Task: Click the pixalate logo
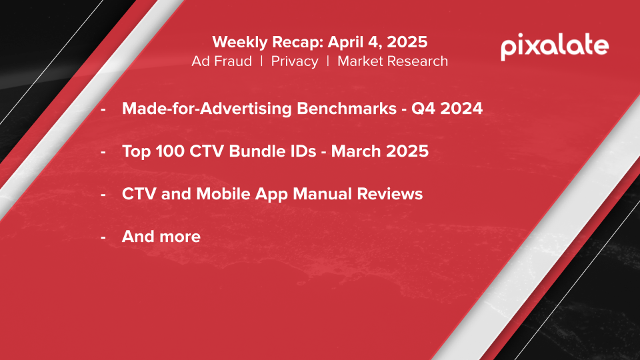point(555,47)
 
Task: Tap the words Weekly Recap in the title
point(268,43)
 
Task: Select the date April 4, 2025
point(377,43)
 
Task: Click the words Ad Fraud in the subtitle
point(221,61)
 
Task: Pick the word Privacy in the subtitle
point(295,61)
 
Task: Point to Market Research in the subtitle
point(393,61)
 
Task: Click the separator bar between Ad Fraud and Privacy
point(261,61)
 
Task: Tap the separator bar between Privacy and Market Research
point(328,61)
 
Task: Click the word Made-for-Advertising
point(207,109)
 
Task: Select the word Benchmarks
point(347,109)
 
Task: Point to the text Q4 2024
point(447,109)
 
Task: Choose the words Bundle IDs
point(272,151)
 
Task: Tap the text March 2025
point(380,151)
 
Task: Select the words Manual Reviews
point(358,194)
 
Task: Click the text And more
point(161,237)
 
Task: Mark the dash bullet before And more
point(103,237)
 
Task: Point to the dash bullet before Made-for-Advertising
point(103,109)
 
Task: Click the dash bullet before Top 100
point(103,152)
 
